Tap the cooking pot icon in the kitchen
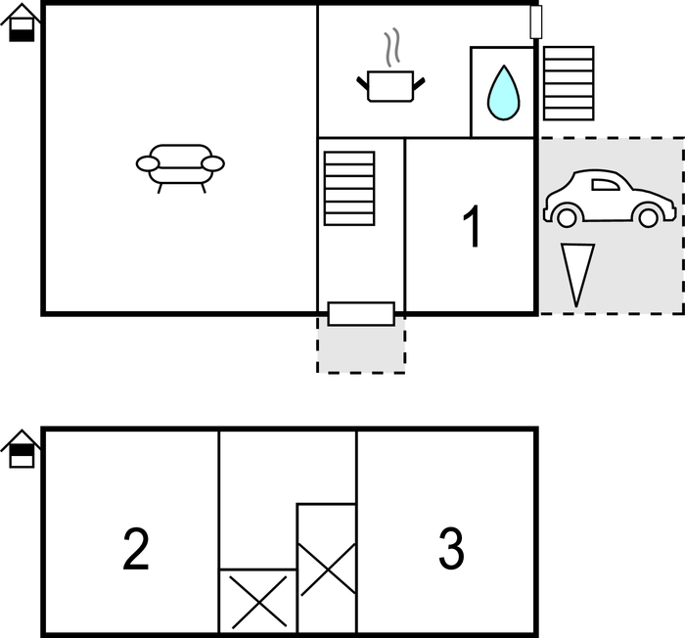(391, 86)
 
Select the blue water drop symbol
(503, 93)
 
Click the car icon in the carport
(610, 199)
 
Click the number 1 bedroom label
(472, 226)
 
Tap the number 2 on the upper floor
(136, 548)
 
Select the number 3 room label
(451, 548)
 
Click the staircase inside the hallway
(349, 188)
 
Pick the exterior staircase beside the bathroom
(569, 83)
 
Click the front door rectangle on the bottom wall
(361, 314)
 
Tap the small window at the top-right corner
(536, 22)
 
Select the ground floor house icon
(22, 23)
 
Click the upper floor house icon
(22, 449)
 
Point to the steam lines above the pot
(392, 47)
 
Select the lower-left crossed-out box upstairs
(257, 601)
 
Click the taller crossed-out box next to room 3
(327, 569)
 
